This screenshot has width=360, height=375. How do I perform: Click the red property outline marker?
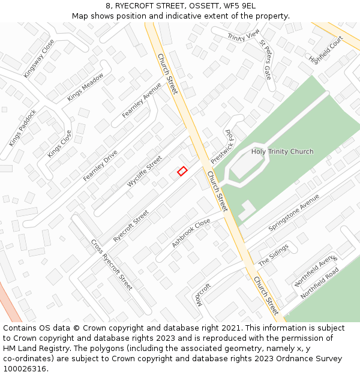point(182,171)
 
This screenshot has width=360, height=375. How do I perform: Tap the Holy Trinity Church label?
point(282,152)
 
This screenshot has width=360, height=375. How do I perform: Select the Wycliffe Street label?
point(145,172)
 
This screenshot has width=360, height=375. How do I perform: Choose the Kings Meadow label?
point(85,87)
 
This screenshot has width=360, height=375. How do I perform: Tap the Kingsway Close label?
point(39,59)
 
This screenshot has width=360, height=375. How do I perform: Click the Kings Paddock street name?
point(23,128)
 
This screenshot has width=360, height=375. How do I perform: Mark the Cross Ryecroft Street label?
point(112,265)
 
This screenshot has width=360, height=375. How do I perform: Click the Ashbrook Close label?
point(191,233)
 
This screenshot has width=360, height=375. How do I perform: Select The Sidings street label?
point(274,255)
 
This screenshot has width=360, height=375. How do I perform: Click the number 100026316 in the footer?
point(25,369)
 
